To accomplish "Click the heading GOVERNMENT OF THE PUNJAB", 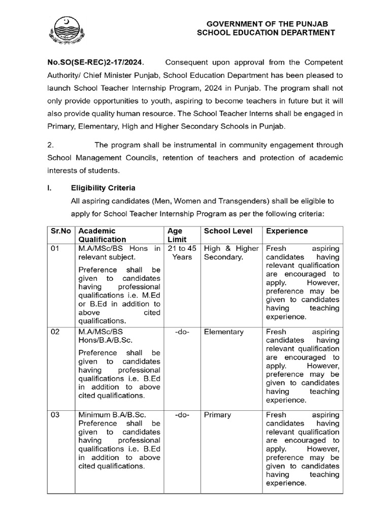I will [x=267, y=24].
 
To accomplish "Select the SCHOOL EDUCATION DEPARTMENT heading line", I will [x=267, y=33].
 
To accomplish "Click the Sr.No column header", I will [x=61, y=231].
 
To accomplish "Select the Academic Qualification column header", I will [x=102, y=235].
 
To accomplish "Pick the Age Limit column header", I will [x=177, y=235].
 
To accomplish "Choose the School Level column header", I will [x=228, y=231].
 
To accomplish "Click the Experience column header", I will [x=287, y=231].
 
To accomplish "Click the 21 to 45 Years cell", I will [x=181, y=253].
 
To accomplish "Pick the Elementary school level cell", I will [x=223, y=332].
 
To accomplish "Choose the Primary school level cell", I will [x=217, y=415].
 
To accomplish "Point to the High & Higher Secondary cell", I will [x=231, y=253].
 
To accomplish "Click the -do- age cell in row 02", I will [x=181, y=332].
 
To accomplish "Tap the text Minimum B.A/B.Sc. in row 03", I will [x=109, y=415].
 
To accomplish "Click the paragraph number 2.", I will [x=50, y=145].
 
